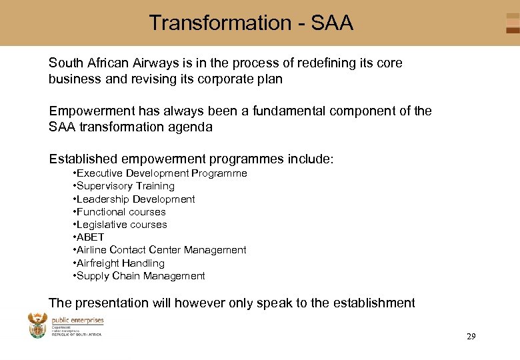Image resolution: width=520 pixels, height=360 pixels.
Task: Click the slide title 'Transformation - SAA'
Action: coord(251,23)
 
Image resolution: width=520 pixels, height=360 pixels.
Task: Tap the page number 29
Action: coord(471,337)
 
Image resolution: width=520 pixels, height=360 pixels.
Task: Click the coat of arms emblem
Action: coord(37,326)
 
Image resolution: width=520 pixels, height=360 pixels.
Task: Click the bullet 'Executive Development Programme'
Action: coord(160,173)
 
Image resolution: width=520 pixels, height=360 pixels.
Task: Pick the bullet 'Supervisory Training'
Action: coord(124,186)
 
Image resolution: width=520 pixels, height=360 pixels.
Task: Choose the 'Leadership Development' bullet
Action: coord(134,199)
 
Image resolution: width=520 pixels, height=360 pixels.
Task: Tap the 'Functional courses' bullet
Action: coord(119,212)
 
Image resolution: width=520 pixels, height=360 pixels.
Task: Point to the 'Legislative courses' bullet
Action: coord(120,225)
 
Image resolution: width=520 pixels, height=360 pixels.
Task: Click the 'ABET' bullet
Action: coord(89,237)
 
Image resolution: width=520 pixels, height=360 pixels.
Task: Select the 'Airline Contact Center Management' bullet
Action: coord(160,250)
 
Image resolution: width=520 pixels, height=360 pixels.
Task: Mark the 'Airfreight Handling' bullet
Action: coord(119,263)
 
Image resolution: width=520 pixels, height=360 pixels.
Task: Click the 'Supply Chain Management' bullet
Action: coord(139,276)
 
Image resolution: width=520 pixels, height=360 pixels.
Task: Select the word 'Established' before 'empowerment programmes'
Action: coord(83,159)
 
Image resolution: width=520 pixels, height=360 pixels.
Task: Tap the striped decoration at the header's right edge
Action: coord(512,23)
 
